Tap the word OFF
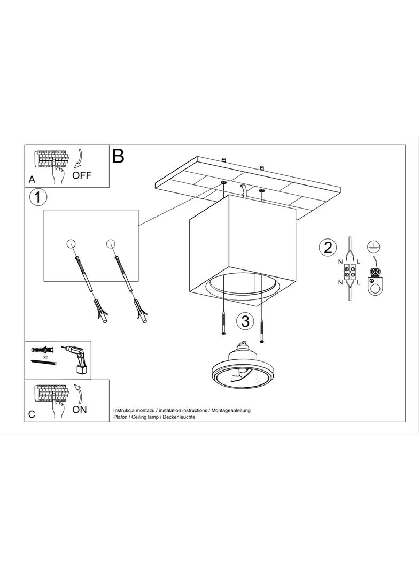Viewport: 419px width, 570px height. (x=82, y=175)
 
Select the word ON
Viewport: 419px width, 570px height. (x=80, y=410)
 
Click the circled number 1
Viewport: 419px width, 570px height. (x=38, y=198)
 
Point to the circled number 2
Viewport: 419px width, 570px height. (x=328, y=248)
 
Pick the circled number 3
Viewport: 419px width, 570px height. (x=245, y=321)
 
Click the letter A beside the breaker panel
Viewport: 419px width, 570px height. (x=32, y=179)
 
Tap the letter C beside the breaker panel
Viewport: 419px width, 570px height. (x=32, y=414)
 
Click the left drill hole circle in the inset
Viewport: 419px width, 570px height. (x=71, y=243)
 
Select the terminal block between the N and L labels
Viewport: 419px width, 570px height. (x=349, y=270)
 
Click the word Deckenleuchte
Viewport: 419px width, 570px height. (x=179, y=417)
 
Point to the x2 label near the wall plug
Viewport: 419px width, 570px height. (x=46, y=357)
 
